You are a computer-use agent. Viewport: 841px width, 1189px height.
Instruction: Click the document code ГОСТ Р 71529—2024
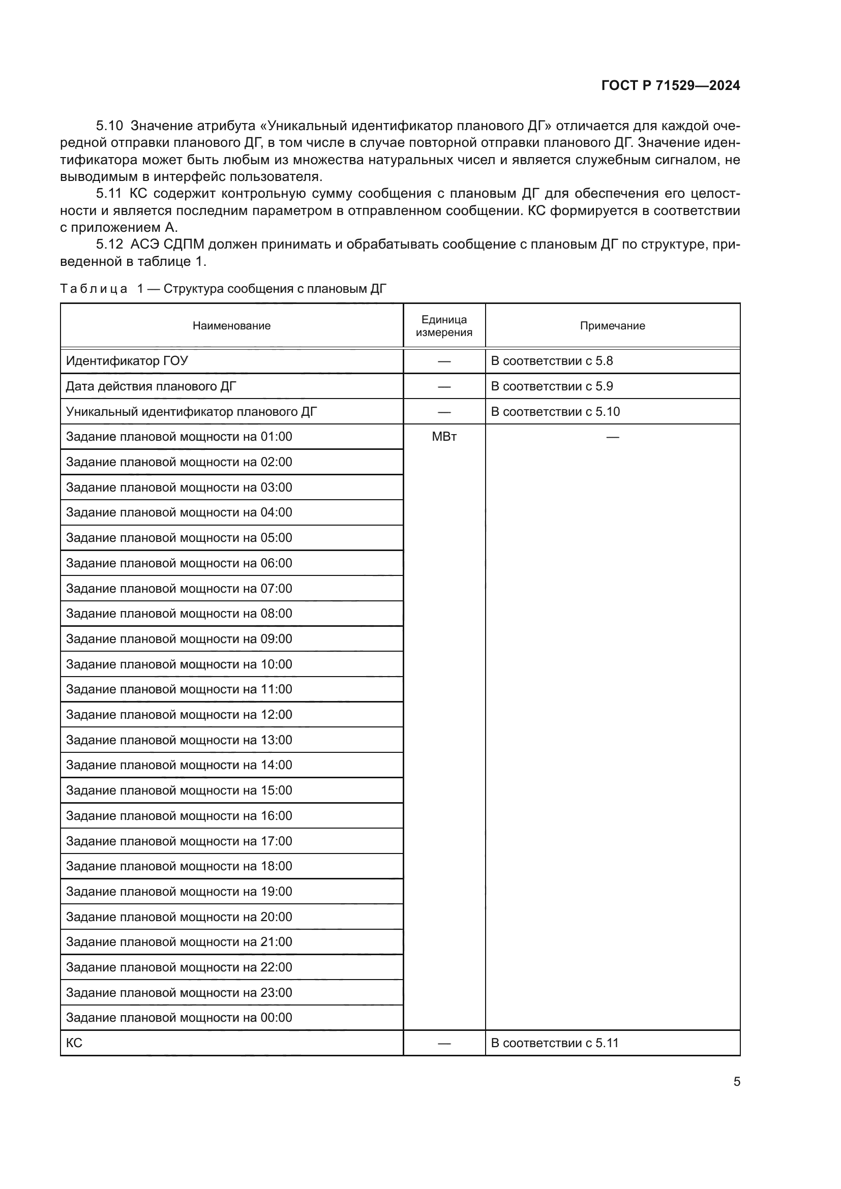[670, 86]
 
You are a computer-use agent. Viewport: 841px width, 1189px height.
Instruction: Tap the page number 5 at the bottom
[736, 1081]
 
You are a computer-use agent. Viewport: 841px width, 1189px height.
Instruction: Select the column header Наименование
[231, 326]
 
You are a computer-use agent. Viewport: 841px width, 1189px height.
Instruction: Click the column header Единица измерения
[444, 326]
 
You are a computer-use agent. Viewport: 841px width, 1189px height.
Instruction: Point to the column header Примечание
[612, 326]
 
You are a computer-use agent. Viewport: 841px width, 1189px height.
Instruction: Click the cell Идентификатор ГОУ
[127, 361]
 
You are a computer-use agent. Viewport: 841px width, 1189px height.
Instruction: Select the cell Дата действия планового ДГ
[151, 386]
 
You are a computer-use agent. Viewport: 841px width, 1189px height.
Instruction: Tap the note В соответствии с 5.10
[555, 412]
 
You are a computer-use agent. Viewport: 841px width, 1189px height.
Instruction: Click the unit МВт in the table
[444, 437]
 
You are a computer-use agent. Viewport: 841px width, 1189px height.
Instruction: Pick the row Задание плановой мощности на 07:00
[178, 589]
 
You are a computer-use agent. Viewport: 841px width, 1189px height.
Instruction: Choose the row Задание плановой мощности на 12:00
[178, 715]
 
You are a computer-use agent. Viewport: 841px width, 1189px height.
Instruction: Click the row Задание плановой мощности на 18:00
[178, 866]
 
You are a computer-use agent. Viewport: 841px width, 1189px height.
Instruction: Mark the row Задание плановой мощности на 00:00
[178, 1018]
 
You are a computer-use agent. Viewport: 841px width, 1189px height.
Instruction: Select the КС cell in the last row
[74, 1043]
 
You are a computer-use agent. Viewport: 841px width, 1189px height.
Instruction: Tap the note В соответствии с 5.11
[555, 1043]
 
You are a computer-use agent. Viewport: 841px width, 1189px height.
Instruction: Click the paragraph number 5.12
[109, 245]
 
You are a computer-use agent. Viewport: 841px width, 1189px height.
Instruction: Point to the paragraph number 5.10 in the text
[109, 126]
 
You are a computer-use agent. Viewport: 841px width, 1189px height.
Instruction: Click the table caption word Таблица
[94, 289]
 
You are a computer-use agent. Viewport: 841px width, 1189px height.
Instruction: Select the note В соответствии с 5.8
[552, 361]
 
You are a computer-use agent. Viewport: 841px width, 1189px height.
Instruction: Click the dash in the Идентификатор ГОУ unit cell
[444, 361]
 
